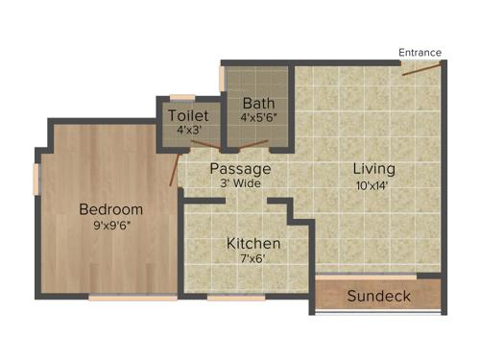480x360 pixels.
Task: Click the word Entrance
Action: (x=420, y=52)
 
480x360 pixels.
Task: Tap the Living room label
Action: (x=373, y=169)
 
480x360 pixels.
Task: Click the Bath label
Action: (x=258, y=103)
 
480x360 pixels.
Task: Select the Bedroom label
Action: (x=110, y=209)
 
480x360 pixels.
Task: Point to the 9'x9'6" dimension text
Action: (x=110, y=227)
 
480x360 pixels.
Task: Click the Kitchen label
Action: (x=253, y=243)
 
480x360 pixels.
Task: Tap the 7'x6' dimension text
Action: (x=253, y=258)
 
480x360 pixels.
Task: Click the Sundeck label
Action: (x=378, y=296)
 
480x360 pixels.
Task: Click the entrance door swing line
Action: (x=420, y=69)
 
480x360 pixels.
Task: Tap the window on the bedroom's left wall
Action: (x=36, y=180)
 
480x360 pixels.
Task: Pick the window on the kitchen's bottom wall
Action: (x=236, y=298)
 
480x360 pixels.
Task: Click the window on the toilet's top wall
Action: (x=182, y=96)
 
